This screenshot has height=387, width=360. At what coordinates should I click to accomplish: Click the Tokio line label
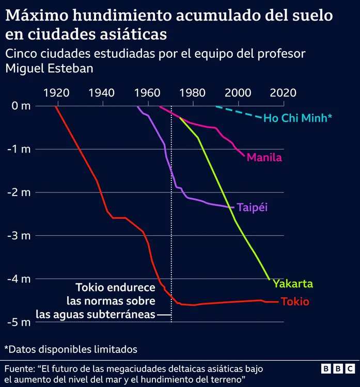pos(294,302)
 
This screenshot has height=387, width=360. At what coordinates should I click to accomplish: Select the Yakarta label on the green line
pos(293,284)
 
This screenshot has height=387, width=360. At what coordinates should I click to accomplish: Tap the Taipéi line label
pos(253,207)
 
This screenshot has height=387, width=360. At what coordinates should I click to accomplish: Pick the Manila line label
pos(264,157)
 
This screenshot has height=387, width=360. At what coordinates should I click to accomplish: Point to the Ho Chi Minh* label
pos(298,118)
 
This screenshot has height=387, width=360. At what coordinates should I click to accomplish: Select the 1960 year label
pos(148,93)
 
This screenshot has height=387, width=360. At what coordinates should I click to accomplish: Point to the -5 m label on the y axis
pos(21,322)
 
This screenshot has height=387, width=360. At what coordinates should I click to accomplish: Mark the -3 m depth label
pos(21,236)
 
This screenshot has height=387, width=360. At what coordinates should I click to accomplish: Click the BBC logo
pos(338,369)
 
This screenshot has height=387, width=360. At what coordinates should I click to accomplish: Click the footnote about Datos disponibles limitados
pos(71,349)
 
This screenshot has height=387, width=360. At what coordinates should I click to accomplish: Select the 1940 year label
pos(102,93)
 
